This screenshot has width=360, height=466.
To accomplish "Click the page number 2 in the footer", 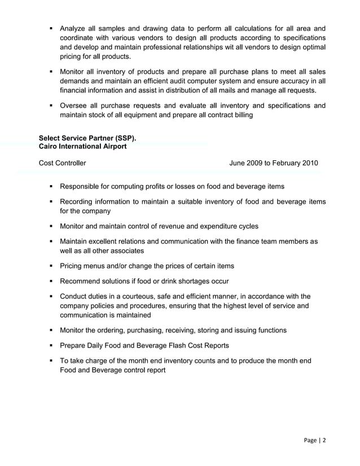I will pos(324,441).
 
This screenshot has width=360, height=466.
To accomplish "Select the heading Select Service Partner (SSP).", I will pos(87,138).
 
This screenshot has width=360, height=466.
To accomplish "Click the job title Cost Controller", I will pos(63,164).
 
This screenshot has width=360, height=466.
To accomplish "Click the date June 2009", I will pos(249,164).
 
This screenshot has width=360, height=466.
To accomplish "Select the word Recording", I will pos(78,201).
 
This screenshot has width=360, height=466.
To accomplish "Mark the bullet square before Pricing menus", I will pos(51,266).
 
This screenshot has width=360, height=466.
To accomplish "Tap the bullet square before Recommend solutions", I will pos(51,281).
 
